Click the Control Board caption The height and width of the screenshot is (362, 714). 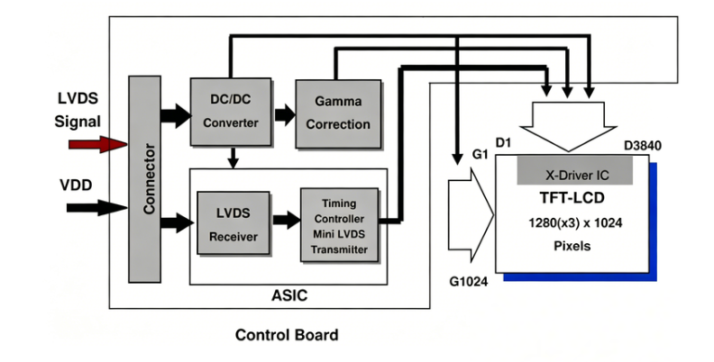coord(287,336)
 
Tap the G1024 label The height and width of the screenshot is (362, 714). coord(467,282)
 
